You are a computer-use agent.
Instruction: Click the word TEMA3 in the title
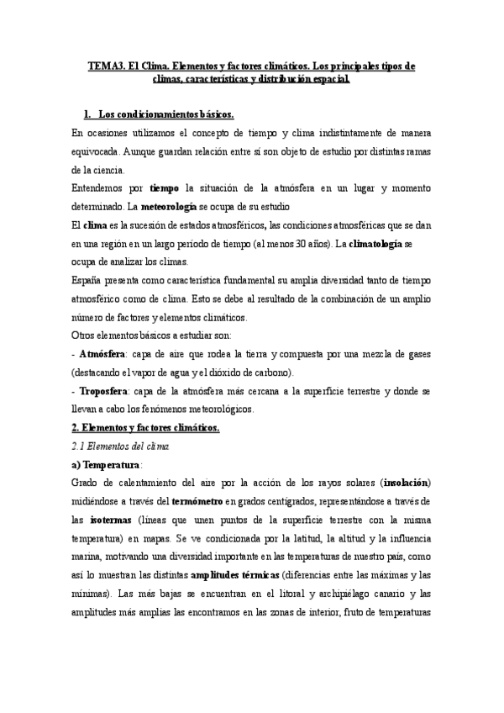pos(106,65)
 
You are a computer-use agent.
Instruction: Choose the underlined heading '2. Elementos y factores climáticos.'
pos(144,427)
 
